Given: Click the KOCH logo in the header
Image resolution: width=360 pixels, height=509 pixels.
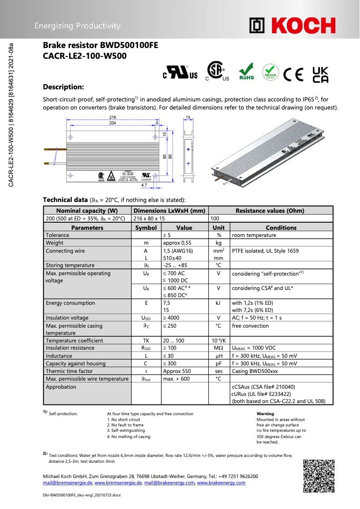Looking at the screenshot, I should pos(292,26).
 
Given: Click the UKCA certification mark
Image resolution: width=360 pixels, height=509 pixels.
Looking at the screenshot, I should pos(320,75).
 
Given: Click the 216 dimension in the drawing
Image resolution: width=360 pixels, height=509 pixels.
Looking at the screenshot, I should pos(113,117).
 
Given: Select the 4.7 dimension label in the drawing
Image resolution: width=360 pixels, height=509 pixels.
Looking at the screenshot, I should pos(144,184).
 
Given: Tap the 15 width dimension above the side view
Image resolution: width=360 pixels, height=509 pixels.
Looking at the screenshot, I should pos(188,117).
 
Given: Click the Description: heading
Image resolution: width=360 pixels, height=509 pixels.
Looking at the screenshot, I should pos(63,87).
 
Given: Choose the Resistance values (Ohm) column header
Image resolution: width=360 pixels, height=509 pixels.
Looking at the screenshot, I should pos(270,211).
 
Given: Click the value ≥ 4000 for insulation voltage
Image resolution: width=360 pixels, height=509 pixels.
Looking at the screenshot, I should pos(171,318).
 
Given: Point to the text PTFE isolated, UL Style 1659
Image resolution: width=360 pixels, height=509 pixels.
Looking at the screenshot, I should pos(265,251).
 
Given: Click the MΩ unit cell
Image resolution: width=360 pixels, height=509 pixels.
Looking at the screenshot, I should pos(219,348).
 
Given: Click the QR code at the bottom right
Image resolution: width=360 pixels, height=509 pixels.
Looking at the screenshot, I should pos(319,476).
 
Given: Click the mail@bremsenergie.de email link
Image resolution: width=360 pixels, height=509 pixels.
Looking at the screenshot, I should pos(67,483).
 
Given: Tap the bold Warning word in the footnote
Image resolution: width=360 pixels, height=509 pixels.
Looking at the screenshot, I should pos(265,414).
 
